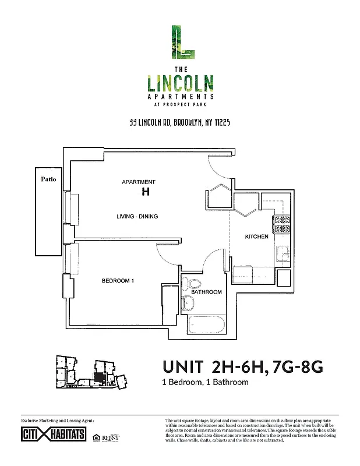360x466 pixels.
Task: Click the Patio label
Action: (x=48, y=179)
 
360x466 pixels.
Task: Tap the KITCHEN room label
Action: (x=256, y=236)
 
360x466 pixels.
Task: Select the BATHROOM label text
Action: (x=207, y=292)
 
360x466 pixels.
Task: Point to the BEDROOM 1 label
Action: (x=118, y=281)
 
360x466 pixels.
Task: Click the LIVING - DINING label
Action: (x=137, y=217)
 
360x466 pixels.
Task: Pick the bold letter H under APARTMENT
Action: (x=145, y=192)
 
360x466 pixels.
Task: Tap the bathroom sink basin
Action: (x=188, y=303)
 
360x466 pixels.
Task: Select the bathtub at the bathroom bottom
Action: (x=206, y=325)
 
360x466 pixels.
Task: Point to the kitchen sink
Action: (x=283, y=253)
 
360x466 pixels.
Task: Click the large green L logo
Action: (x=180, y=42)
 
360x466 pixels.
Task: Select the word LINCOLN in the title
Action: (x=179, y=83)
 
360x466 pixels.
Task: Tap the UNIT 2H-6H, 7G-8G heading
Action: (x=242, y=368)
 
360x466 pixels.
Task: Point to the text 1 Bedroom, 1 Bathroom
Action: (x=205, y=383)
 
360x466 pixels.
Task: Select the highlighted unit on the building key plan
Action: (x=100, y=377)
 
